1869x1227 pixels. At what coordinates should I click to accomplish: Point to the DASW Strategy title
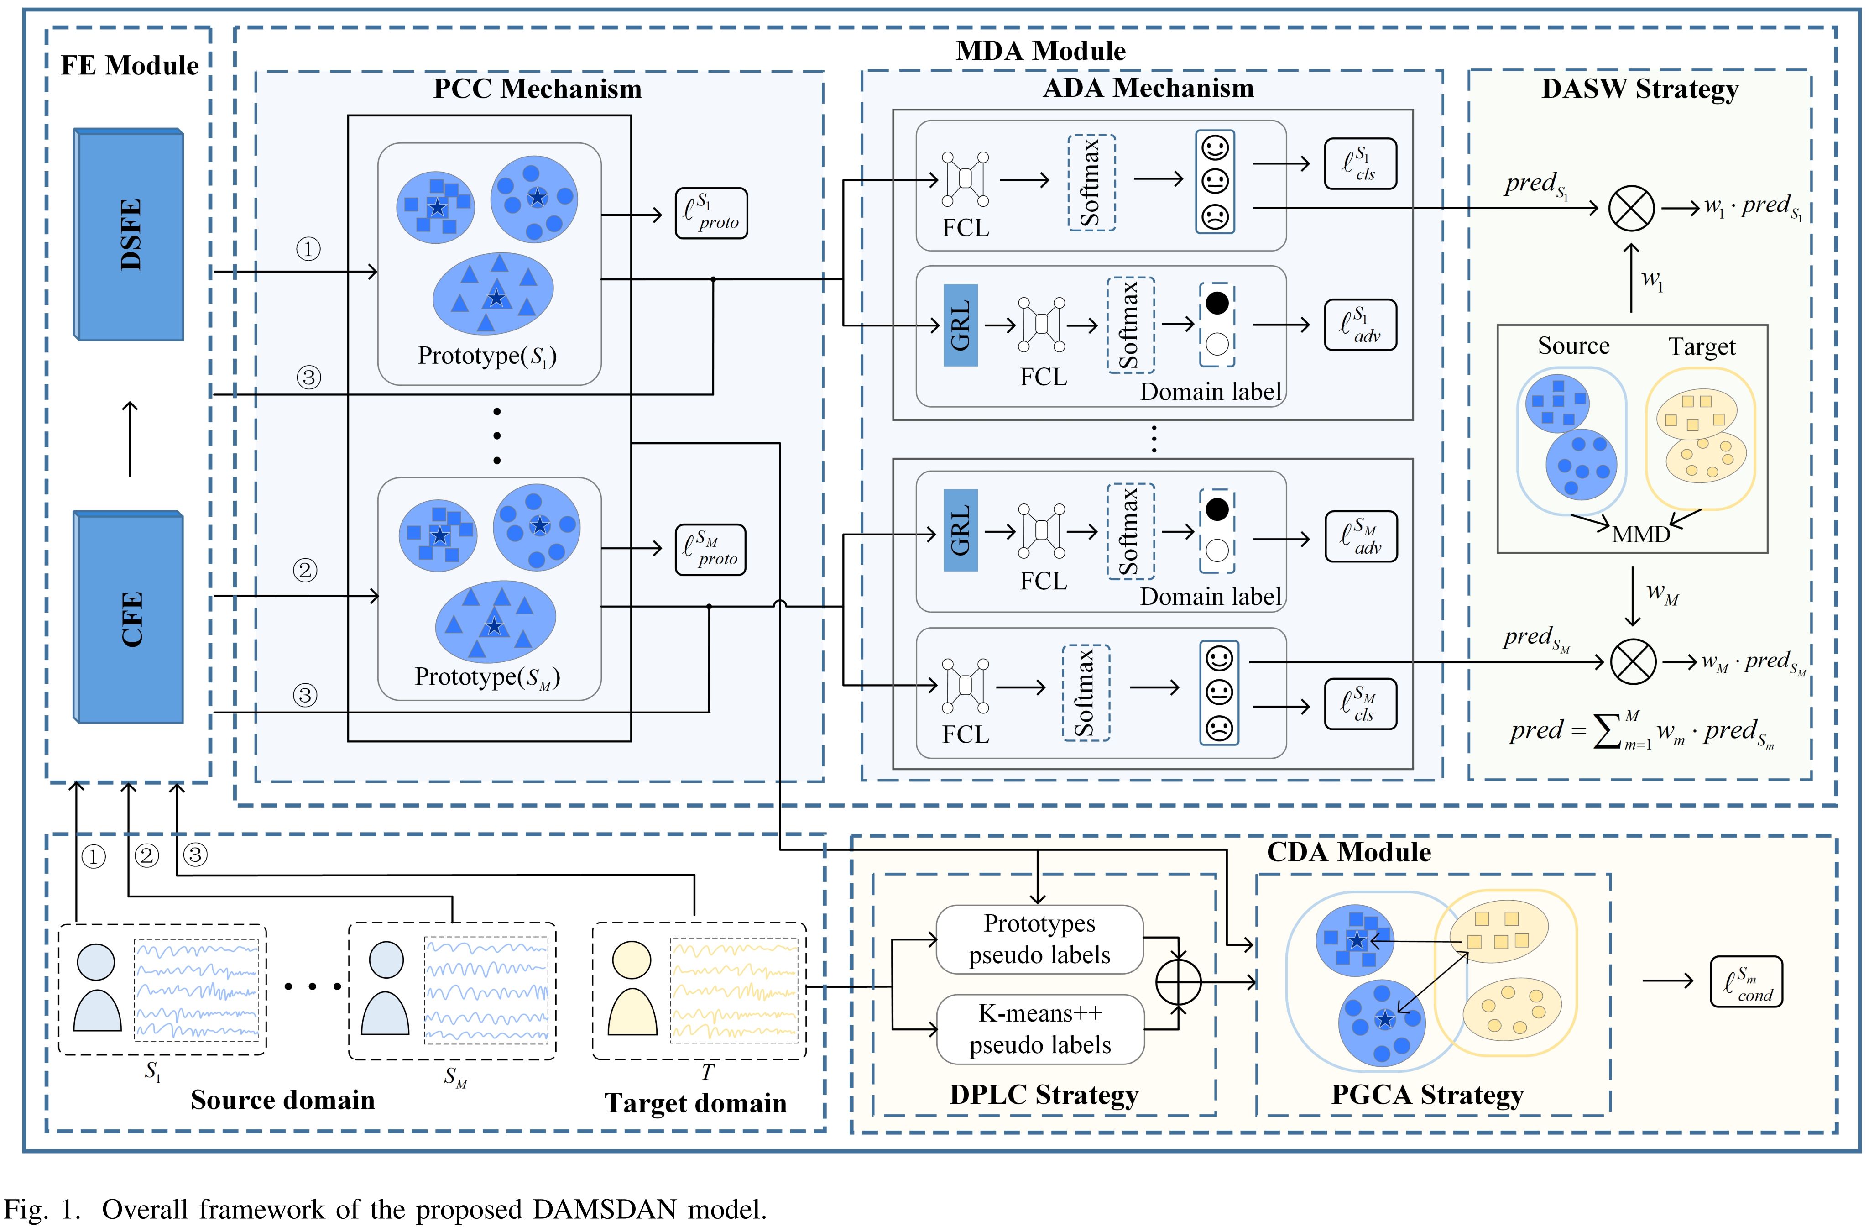tap(1639, 89)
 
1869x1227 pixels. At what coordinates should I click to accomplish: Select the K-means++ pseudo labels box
tap(1040, 1029)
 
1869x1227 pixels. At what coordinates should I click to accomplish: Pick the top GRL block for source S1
tap(961, 325)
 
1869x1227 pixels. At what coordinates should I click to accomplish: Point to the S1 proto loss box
tap(711, 213)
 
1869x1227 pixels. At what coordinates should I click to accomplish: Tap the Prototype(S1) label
tap(487, 356)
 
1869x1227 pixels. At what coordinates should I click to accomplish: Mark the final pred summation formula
tap(1641, 732)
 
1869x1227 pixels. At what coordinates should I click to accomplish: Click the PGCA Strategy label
tap(1427, 1094)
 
